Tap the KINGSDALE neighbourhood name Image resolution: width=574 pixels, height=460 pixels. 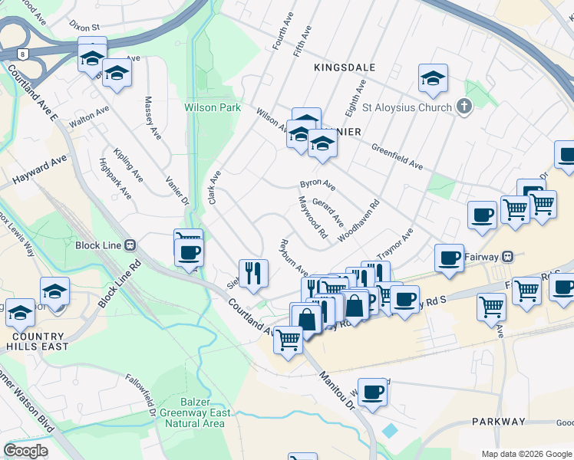pos(345,67)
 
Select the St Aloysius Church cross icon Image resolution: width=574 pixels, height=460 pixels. pos(463,107)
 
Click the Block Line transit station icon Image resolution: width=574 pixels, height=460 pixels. pos(130,245)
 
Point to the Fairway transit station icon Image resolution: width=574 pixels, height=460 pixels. pos(507,255)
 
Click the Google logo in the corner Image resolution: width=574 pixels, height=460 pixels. pos(25,450)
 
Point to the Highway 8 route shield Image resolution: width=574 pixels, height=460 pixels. pos(24,54)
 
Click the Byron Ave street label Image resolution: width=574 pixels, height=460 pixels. pos(318,185)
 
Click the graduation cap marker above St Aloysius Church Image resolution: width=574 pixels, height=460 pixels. pos(433,77)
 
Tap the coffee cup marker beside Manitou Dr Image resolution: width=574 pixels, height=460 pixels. pos(372,392)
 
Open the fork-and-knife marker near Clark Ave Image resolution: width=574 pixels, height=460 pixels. pos(252,273)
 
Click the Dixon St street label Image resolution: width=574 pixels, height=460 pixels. pos(84,26)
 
